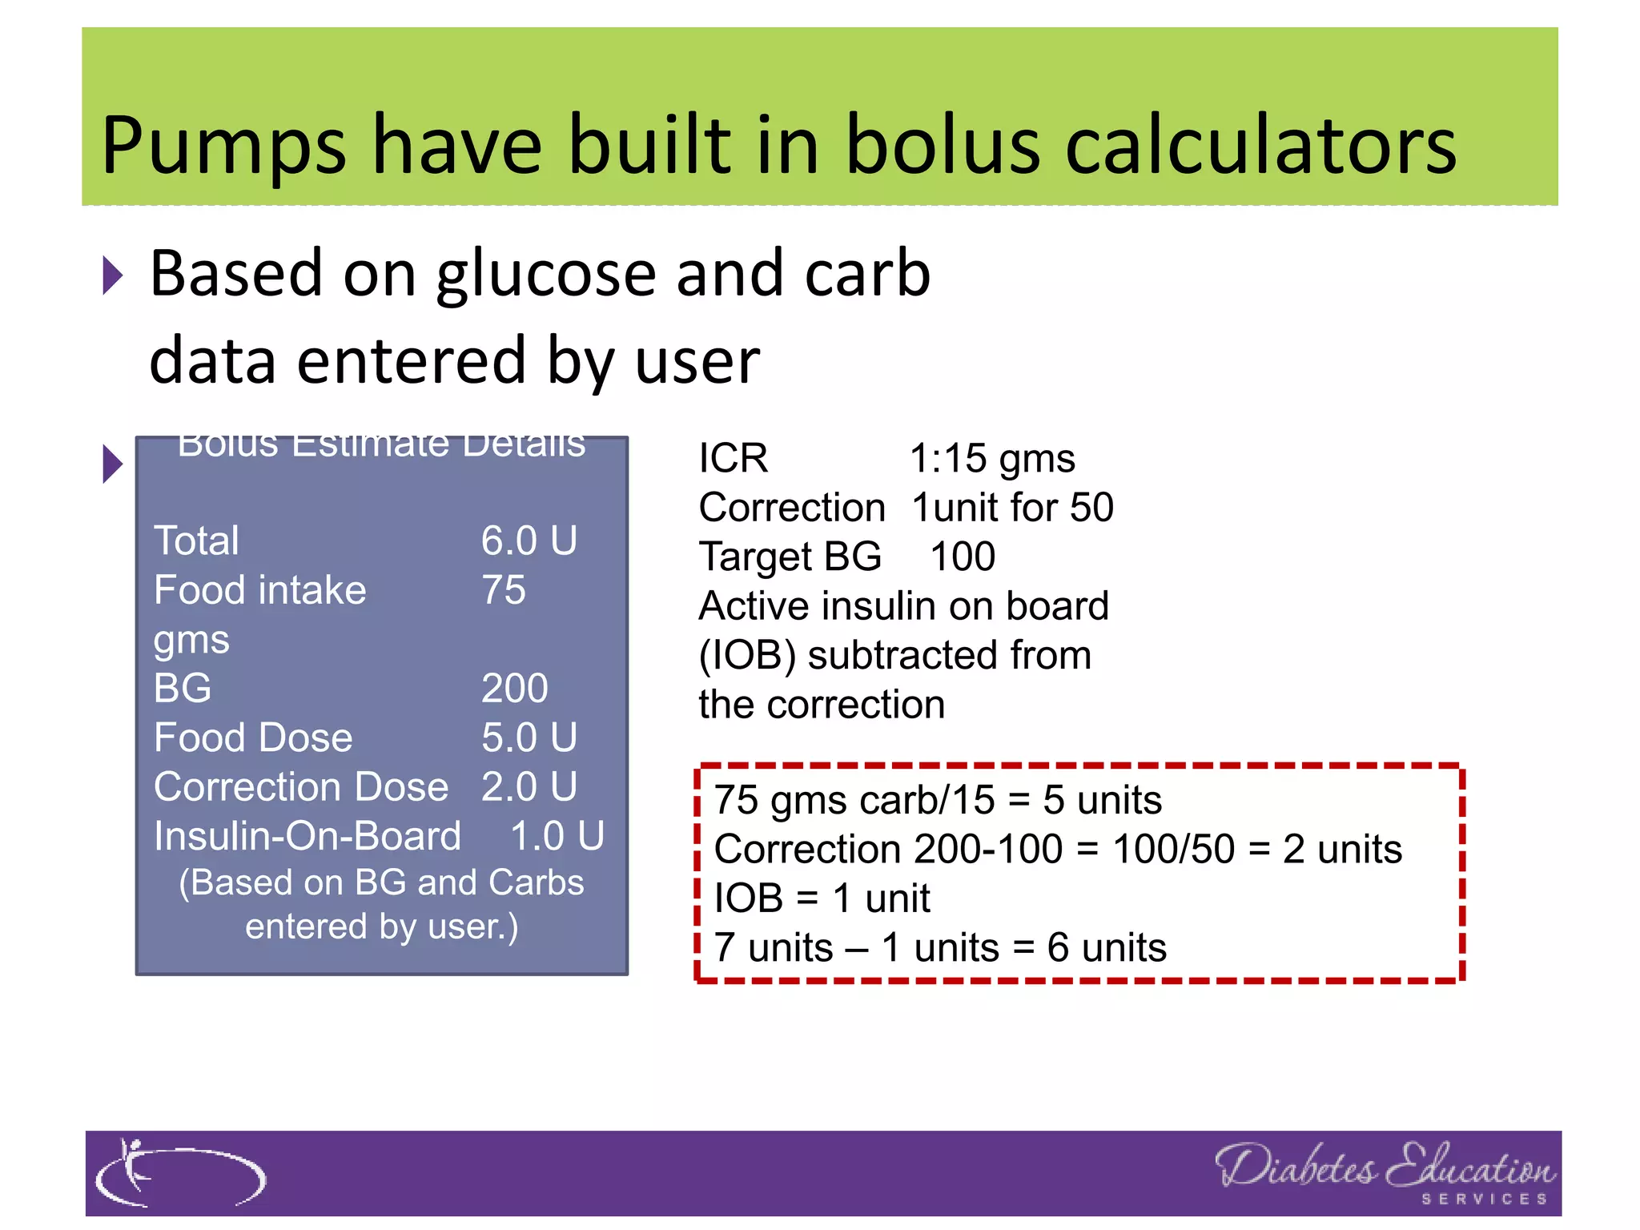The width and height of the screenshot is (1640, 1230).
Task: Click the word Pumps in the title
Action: tap(223, 147)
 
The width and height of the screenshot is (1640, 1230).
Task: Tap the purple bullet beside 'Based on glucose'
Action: tap(113, 276)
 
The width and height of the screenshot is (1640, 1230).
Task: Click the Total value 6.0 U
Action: tap(529, 541)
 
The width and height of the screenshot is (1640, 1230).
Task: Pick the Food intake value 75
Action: tap(503, 590)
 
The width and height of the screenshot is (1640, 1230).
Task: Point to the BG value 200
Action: tap(514, 689)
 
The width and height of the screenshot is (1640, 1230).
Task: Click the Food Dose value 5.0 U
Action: tap(529, 738)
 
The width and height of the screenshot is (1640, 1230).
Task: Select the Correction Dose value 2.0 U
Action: tap(529, 787)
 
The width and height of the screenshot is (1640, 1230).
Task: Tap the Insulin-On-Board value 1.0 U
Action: tap(557, 836)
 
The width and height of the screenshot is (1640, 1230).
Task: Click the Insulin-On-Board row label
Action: tap(307, 836)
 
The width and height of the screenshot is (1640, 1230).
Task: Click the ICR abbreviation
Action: tap(733, 459)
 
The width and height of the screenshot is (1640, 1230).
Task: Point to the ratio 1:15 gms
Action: tap(992, 459)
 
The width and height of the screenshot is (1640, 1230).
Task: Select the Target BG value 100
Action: tap(963, 557)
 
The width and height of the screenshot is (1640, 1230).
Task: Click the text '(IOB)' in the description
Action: tap(747, 656)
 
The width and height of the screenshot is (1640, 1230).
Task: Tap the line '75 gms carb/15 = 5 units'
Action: tap(938, 800)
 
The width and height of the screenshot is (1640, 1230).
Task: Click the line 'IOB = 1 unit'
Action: tap(822, 898)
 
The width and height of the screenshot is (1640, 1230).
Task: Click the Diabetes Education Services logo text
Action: tap(1385, 1172)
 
